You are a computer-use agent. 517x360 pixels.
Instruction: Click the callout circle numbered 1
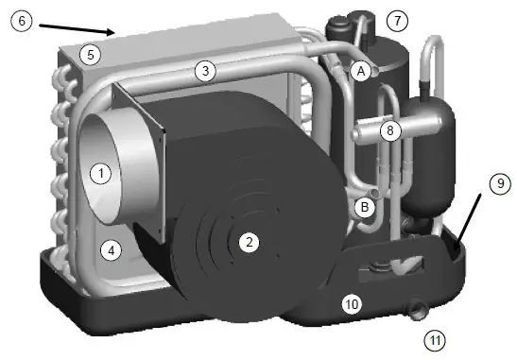100,173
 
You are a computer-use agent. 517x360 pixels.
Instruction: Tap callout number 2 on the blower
249,243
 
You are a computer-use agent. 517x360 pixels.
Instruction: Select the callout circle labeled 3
205,69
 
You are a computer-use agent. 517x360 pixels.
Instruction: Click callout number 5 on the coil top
88,55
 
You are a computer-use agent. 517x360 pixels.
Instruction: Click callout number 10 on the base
352,304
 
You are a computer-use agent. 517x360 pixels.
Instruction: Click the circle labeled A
360,71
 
